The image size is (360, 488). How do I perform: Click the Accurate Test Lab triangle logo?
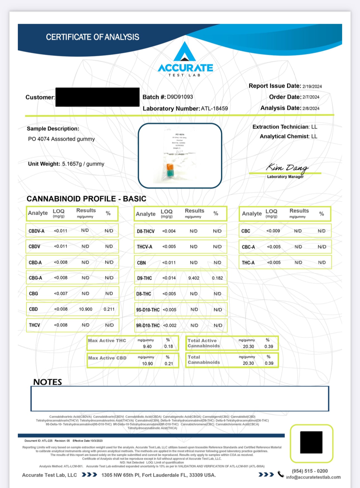185,52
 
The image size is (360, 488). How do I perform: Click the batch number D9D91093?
180,97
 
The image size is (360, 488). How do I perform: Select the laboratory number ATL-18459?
214,108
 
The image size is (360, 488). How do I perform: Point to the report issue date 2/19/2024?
312,86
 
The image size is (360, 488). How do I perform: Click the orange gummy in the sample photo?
170,167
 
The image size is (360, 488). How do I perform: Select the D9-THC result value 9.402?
194,278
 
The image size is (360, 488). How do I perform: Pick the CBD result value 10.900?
85,309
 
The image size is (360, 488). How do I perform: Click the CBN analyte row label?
141,263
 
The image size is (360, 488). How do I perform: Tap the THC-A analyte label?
248,263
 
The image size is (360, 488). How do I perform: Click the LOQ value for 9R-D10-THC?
170,325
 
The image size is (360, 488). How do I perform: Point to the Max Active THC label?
107,341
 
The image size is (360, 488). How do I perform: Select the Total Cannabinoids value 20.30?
248,363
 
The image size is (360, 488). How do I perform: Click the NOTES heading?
47,382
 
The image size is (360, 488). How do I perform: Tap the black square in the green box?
311,442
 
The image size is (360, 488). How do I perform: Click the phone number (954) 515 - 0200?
310,471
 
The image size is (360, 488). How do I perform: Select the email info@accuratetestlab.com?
313,477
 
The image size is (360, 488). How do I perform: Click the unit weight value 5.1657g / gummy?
83,164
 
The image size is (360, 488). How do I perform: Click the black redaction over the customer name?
97,97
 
